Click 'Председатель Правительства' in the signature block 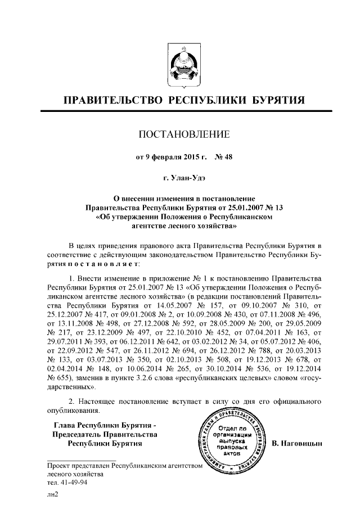point(105,434)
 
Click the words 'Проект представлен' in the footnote point(79,466)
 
